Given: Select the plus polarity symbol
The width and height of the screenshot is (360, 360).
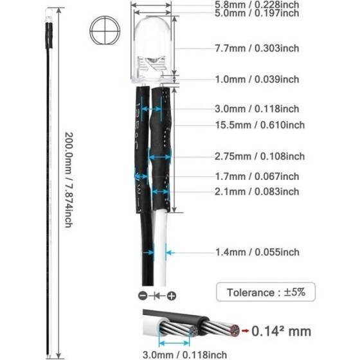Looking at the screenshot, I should (x=170, y=295).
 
